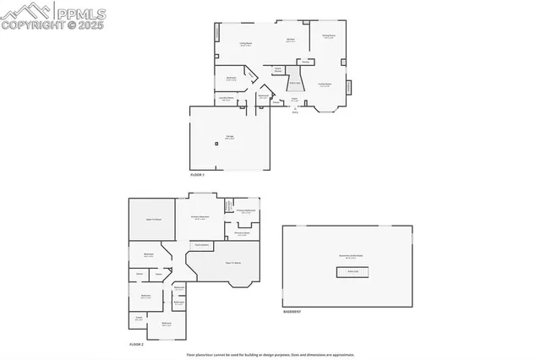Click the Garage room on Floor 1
point(229,137)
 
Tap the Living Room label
point(246,44)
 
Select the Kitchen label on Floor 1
point(289,40)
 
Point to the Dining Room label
point(329,36)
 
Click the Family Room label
point(325,85)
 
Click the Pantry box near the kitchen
point(306,62)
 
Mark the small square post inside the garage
point(217,145)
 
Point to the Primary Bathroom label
point(246,211)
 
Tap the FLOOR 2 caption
point(137,345)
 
